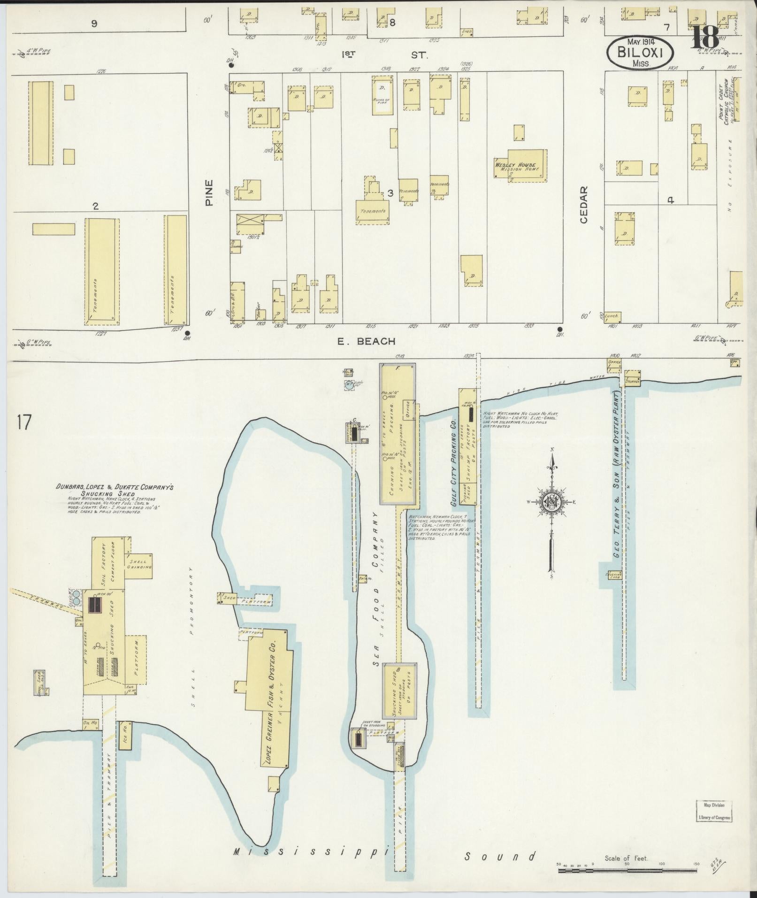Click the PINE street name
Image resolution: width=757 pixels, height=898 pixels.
[209, 192]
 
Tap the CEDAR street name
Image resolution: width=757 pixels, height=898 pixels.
[584, 205]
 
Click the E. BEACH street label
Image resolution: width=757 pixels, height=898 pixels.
[366, 341]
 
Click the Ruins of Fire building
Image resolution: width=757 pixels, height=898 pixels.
[381, 95]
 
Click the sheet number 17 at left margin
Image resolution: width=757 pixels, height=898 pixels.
[23, 422]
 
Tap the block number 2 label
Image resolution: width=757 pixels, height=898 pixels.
[96, 206]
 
